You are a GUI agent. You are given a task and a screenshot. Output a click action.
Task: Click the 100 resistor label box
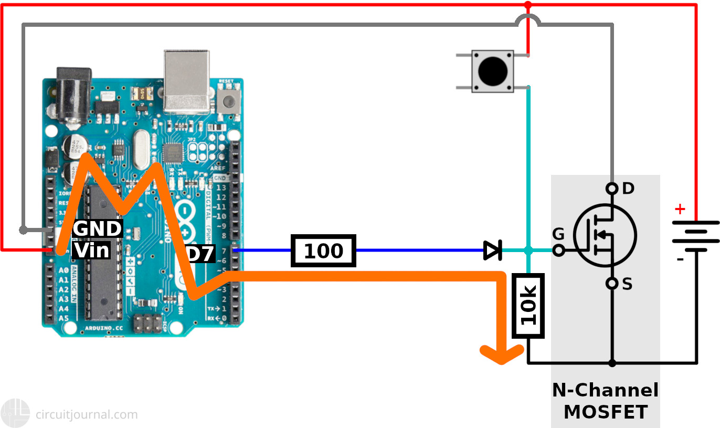click(x=324, y=250)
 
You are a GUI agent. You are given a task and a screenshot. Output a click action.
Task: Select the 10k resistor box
click(x=528, y=306)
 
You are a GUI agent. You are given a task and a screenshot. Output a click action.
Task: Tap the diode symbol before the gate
click(x=492, y=250)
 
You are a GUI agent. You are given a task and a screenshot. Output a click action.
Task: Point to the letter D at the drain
click(x=628, y=189)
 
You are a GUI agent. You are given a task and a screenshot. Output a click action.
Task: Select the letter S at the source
click(x=627, y=284)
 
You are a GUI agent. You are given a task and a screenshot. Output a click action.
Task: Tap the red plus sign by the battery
click(x=680, y=210)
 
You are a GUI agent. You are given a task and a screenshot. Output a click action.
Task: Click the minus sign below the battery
click(x=680, y=259)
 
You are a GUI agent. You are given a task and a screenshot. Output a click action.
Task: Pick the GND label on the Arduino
click(x=98, y=229)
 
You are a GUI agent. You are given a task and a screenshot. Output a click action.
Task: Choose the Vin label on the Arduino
click(x=92, y=250)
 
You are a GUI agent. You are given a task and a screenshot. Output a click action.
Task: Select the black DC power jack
click(x=74, y=97)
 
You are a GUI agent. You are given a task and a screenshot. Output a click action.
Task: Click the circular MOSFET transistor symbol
click(x=605, y=235)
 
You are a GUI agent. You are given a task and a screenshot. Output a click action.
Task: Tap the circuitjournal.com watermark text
click(x=87, y=414)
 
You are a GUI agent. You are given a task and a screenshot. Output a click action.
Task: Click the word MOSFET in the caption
click(x=605, y=412)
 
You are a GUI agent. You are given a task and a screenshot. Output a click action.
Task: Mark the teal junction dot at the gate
click(x=528, y=250)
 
